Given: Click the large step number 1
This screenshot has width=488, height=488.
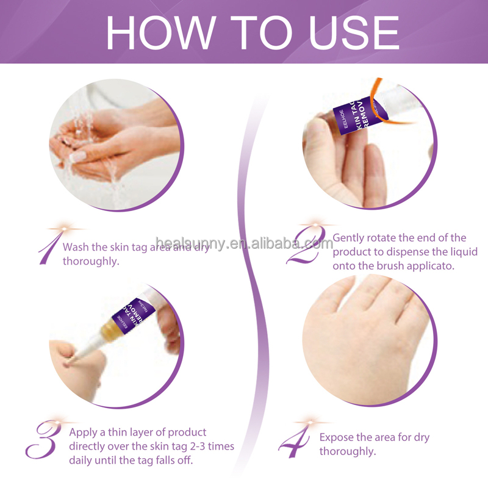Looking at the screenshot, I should tap(49, 247).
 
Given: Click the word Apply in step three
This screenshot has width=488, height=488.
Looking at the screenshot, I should tap(84, 432).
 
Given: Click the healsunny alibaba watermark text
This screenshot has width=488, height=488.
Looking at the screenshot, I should tap(244, 243).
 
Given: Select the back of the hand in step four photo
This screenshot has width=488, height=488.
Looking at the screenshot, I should tap(354, 342).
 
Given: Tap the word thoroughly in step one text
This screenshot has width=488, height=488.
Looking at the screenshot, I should tap(91, 261).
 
